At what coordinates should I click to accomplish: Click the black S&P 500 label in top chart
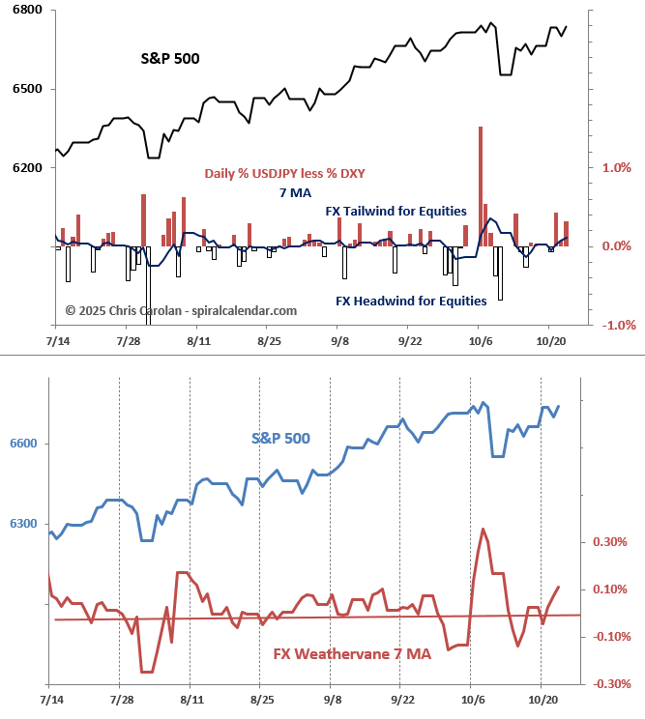pyautogui.click(x=170, y=59)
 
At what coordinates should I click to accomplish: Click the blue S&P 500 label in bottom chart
pyautogui.click(x=280, y=438)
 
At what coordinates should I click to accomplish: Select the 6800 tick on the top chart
pyautogui.click(x=27, y=11)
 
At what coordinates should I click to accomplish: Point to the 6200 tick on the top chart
pyautogui.click(x=27, y=168)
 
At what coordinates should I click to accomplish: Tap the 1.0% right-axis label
pyautogui.click(x=617, y=167)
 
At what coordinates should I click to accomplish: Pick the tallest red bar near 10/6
pyautogui.click(x=480, y=186)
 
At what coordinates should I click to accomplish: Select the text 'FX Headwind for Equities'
pyautogui.click(x=411, y=301)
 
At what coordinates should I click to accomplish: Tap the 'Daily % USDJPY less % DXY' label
pyautogui.click(x=284, y=174)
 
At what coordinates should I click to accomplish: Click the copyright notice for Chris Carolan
pyautogui.click(x=181, y=310)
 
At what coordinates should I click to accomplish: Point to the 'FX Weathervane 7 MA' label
pyautogui.click(x=352, y=654)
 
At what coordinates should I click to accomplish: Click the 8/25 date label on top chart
pyautogui.click(x=269, y=341)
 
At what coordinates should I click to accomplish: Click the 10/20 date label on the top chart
pyautogui.click(x=550, y=341)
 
